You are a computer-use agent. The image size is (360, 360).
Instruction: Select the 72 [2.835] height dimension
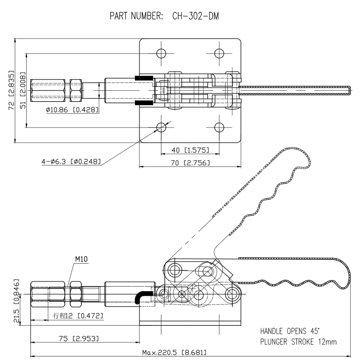pos(12,90)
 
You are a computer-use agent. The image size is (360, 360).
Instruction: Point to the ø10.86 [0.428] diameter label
pos(72,110)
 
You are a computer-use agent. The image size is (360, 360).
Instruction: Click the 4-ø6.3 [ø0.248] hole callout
pos(71,162)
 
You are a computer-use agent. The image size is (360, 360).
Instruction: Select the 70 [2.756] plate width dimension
pos(190,163)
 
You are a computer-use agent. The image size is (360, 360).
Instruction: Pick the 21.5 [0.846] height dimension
pos(12,302)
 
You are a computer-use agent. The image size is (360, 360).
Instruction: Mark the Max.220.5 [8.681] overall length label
pos(174,352)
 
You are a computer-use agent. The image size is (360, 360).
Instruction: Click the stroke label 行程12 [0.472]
pos(78,316)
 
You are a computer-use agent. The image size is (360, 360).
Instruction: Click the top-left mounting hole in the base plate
pos(161,53)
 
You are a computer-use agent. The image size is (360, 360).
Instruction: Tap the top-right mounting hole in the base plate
pos(219,53)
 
